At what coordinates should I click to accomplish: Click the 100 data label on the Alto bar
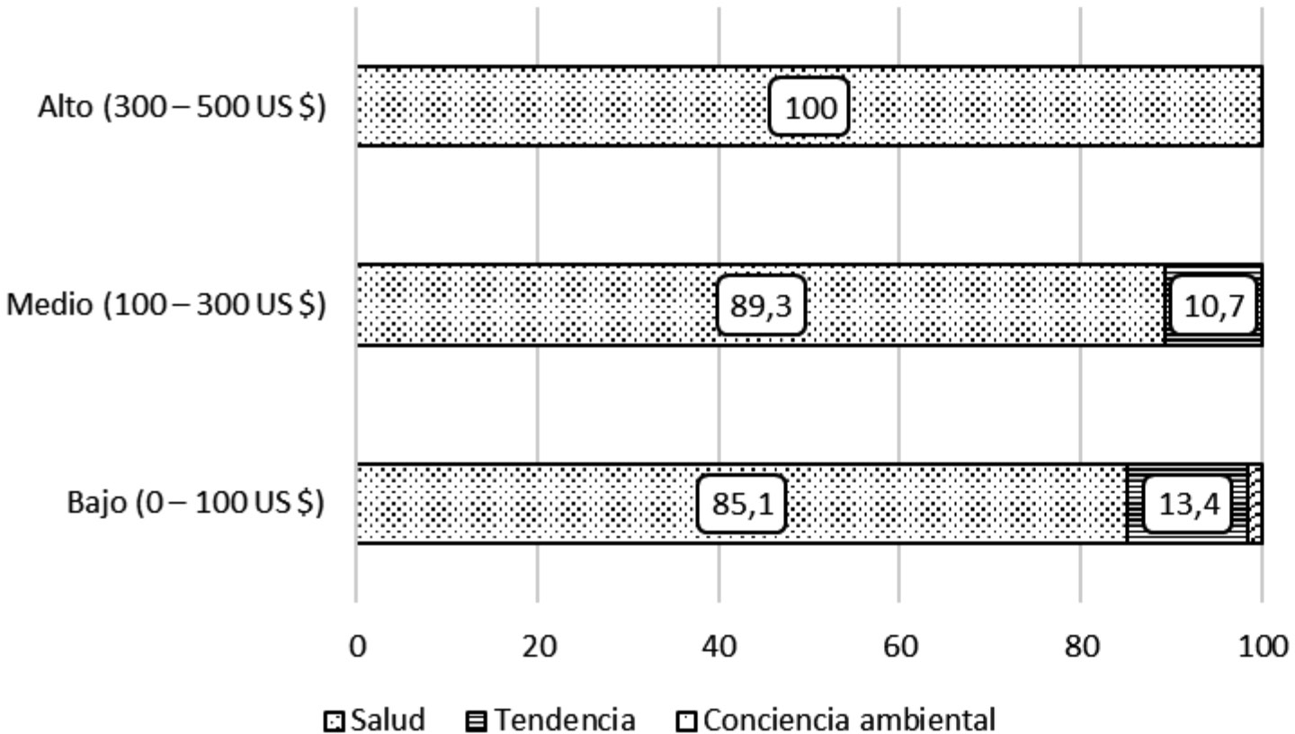(808, 107)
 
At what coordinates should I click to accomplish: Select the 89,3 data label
(761, 306)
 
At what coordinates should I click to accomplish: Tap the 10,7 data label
(1214, 306)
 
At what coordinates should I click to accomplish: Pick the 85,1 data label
(742, 505)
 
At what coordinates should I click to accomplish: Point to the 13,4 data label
(1188, 505)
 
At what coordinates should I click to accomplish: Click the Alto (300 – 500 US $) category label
(181, 107)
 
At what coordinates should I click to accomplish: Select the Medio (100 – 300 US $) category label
(165, 305)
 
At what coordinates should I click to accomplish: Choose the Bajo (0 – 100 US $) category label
(195, 503)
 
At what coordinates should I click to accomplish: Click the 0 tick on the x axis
(357, 647)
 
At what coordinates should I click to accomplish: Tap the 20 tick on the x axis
(538, 647)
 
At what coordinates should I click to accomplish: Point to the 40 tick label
(719, 647)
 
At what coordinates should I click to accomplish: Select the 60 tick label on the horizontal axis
(900, 647)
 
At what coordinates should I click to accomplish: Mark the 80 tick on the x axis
(1081, 647)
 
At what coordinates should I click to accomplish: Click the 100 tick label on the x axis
(1262, 647)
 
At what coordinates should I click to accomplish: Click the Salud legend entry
(376, 721)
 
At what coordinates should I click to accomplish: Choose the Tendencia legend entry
(551, 721)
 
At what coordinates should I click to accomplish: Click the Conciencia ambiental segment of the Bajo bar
(1255, 504)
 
